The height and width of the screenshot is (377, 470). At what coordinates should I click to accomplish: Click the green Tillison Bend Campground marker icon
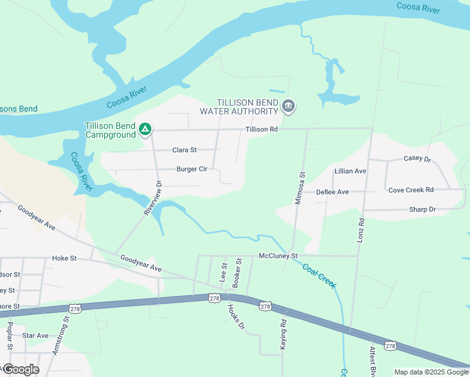click(x=145, y=129)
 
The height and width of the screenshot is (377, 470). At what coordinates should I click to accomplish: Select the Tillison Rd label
click(x=261, y=129)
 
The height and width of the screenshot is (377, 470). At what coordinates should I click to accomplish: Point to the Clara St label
click(x=185, y=150)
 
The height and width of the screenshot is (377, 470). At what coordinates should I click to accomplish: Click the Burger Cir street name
click(x=192, y=169)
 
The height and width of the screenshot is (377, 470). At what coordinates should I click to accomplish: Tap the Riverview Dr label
click(x=153, y=199)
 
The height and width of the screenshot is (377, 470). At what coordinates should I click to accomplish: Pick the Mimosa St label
click(x=300, y=188)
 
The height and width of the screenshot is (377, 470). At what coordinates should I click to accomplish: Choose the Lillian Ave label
click(x=351, y=171)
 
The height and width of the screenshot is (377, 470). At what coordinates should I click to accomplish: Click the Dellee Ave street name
click(x=332, y=192)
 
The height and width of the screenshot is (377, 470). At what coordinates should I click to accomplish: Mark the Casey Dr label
click(x=417, y=159)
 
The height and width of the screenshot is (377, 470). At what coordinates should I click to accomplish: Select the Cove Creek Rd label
click(x=411, y=190)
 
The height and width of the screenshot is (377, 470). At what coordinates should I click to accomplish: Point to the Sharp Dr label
click(x=422, y=209)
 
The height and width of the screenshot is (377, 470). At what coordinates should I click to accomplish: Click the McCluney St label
click(x=278, y=256)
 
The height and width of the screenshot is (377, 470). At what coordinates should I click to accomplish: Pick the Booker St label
click(x=238, y=273)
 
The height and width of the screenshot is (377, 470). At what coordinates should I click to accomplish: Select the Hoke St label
click(x=64, y=258)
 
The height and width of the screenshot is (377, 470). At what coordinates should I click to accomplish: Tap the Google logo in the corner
click(x=21, y=369)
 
